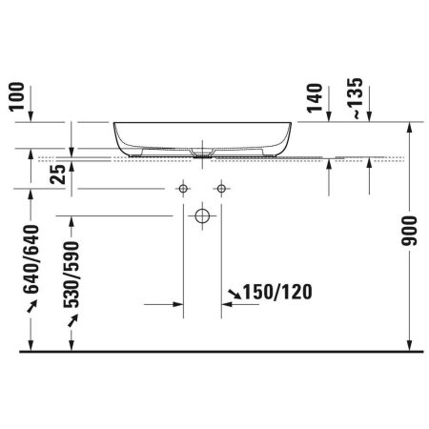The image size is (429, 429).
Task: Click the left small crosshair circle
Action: click(180, 187)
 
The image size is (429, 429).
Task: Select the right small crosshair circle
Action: click(221, 187)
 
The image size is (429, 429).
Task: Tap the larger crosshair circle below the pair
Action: click(201, 216)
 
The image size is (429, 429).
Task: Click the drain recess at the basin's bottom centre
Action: click(201, 150)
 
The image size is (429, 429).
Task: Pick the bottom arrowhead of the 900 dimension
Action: click(409, 347)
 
